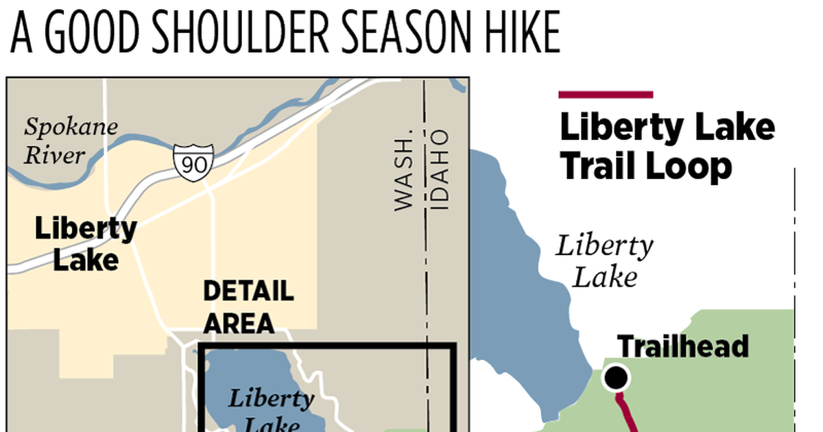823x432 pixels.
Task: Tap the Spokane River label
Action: click(70, 141)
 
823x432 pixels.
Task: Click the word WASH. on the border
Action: click(405, 169)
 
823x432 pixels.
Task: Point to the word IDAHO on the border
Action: click(440, 169)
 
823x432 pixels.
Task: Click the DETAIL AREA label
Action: click(248, 307)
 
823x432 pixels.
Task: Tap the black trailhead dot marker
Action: click(616, 377)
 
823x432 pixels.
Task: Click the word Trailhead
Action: click(682, 346)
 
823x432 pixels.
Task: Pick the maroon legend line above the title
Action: click(606, 95)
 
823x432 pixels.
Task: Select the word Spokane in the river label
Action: click(71, 128)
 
